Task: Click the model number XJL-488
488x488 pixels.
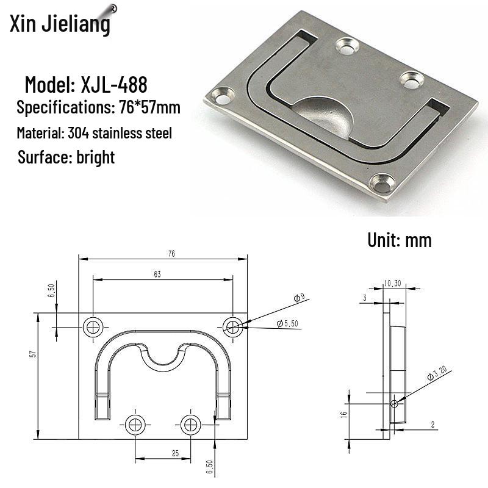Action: [114, 85]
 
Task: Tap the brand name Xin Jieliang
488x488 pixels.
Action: [60, 24]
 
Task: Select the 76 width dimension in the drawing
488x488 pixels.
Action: [171, 254]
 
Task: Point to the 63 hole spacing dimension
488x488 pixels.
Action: [157, 274]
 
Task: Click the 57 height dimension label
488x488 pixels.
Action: [33, 354]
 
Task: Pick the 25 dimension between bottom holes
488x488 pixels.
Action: [175, 453]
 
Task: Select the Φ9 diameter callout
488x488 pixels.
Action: [300, 298]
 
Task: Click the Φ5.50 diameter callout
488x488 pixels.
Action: [287, 324]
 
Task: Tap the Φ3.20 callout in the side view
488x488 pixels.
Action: [437, 373]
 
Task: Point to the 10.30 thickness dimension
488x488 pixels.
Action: [392, 284]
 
